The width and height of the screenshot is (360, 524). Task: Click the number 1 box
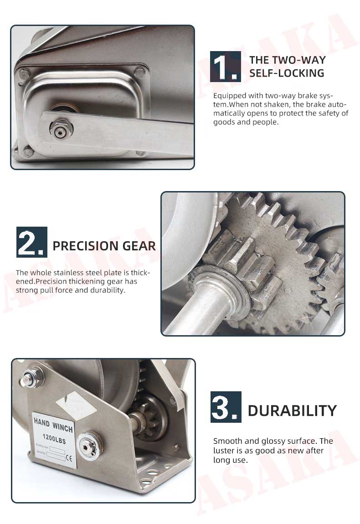click(x=225, y=67)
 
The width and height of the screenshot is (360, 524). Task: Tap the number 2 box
click(x=31, y=242)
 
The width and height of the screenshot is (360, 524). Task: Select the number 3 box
click(x=226, y=406)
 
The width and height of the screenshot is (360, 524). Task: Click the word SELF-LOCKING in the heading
click(x=287, y=73)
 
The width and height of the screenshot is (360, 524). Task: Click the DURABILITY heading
click(x=292, y=410)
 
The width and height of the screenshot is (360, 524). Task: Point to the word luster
click(x=225, y=451)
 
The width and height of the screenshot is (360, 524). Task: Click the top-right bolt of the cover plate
click(x=140, y=72)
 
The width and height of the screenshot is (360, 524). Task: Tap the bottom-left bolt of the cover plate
click(x=28, y=152)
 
